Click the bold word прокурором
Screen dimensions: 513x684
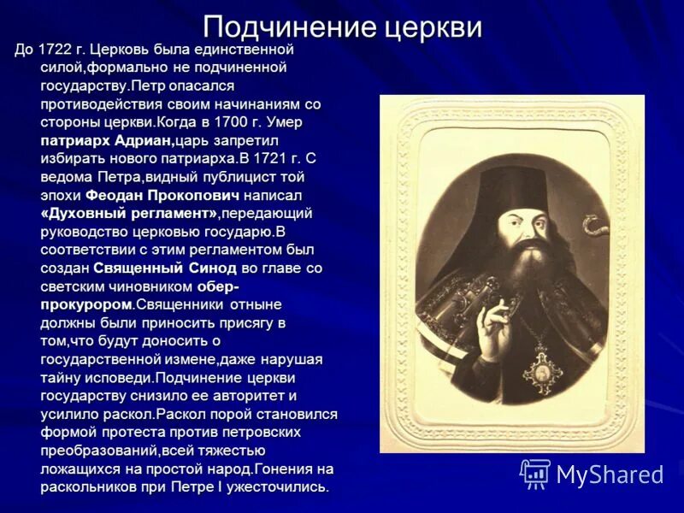click(x=85, y=304)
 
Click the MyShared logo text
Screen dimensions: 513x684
click(x=610, y=475)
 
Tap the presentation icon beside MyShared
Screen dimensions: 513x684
click(x=536, y=474)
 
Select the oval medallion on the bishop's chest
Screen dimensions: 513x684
click(x=541, y=369)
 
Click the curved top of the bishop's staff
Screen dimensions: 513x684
click(x=591, y=226)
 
